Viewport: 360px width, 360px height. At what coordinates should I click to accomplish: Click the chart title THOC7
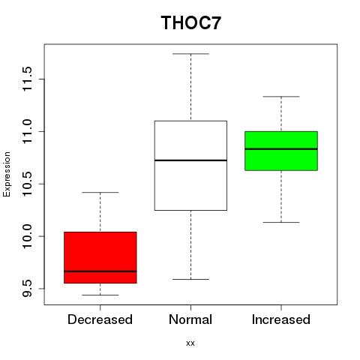click(191, 22)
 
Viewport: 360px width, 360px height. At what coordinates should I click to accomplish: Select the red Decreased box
click(100, 257)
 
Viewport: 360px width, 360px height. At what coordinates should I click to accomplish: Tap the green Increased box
click(281, 151)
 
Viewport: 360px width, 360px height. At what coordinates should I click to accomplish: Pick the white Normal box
click(190, 166)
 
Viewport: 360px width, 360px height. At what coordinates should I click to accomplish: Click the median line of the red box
click(100, 271)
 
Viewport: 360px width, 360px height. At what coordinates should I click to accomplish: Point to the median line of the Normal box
click(190, 160)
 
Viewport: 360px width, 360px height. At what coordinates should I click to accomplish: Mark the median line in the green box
click(281, 149)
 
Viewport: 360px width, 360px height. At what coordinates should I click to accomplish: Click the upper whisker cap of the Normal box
click(190, 54)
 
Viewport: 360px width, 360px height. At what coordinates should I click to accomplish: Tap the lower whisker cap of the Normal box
click(190, 279)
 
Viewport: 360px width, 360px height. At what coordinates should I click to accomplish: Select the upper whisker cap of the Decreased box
click(100, 193)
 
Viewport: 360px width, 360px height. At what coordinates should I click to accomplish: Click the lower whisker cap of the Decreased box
click(100, 295)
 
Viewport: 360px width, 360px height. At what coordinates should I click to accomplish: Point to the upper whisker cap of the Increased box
click(281, 97)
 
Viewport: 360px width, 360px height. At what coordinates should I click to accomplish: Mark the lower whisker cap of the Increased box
click(281, 222)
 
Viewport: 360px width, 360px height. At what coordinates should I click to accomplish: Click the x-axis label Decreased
click(100, 319)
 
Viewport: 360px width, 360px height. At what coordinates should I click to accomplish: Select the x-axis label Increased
click(281, 319)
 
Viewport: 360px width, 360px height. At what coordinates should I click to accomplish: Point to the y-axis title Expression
click(7, 174)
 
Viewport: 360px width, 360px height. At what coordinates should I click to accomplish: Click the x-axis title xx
click(190, 343)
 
